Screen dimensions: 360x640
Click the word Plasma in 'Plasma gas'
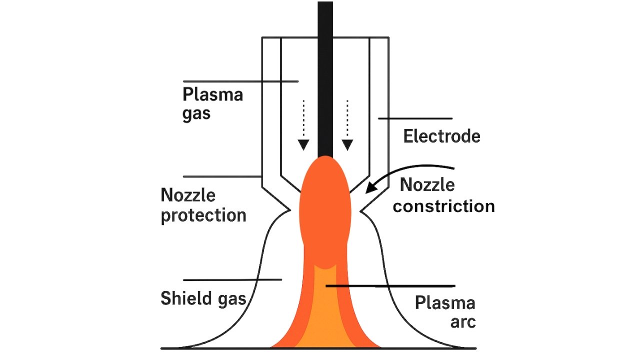point(212,94)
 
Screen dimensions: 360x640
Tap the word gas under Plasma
point(196,113)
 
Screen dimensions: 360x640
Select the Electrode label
point(441,136)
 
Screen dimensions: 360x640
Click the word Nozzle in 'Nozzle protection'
point(188,195)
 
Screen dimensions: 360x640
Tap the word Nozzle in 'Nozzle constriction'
point(427,185)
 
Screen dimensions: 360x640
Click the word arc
point(462,322)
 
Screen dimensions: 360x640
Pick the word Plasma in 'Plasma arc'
point(445,303)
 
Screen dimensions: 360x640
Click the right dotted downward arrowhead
point(347,145)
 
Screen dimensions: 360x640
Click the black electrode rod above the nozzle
point(325,75)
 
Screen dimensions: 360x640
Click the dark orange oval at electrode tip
point(325,210)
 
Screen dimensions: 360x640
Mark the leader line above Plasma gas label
point(240,81)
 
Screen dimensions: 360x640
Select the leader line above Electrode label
point(415,118)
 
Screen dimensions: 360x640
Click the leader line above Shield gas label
point(232,280)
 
